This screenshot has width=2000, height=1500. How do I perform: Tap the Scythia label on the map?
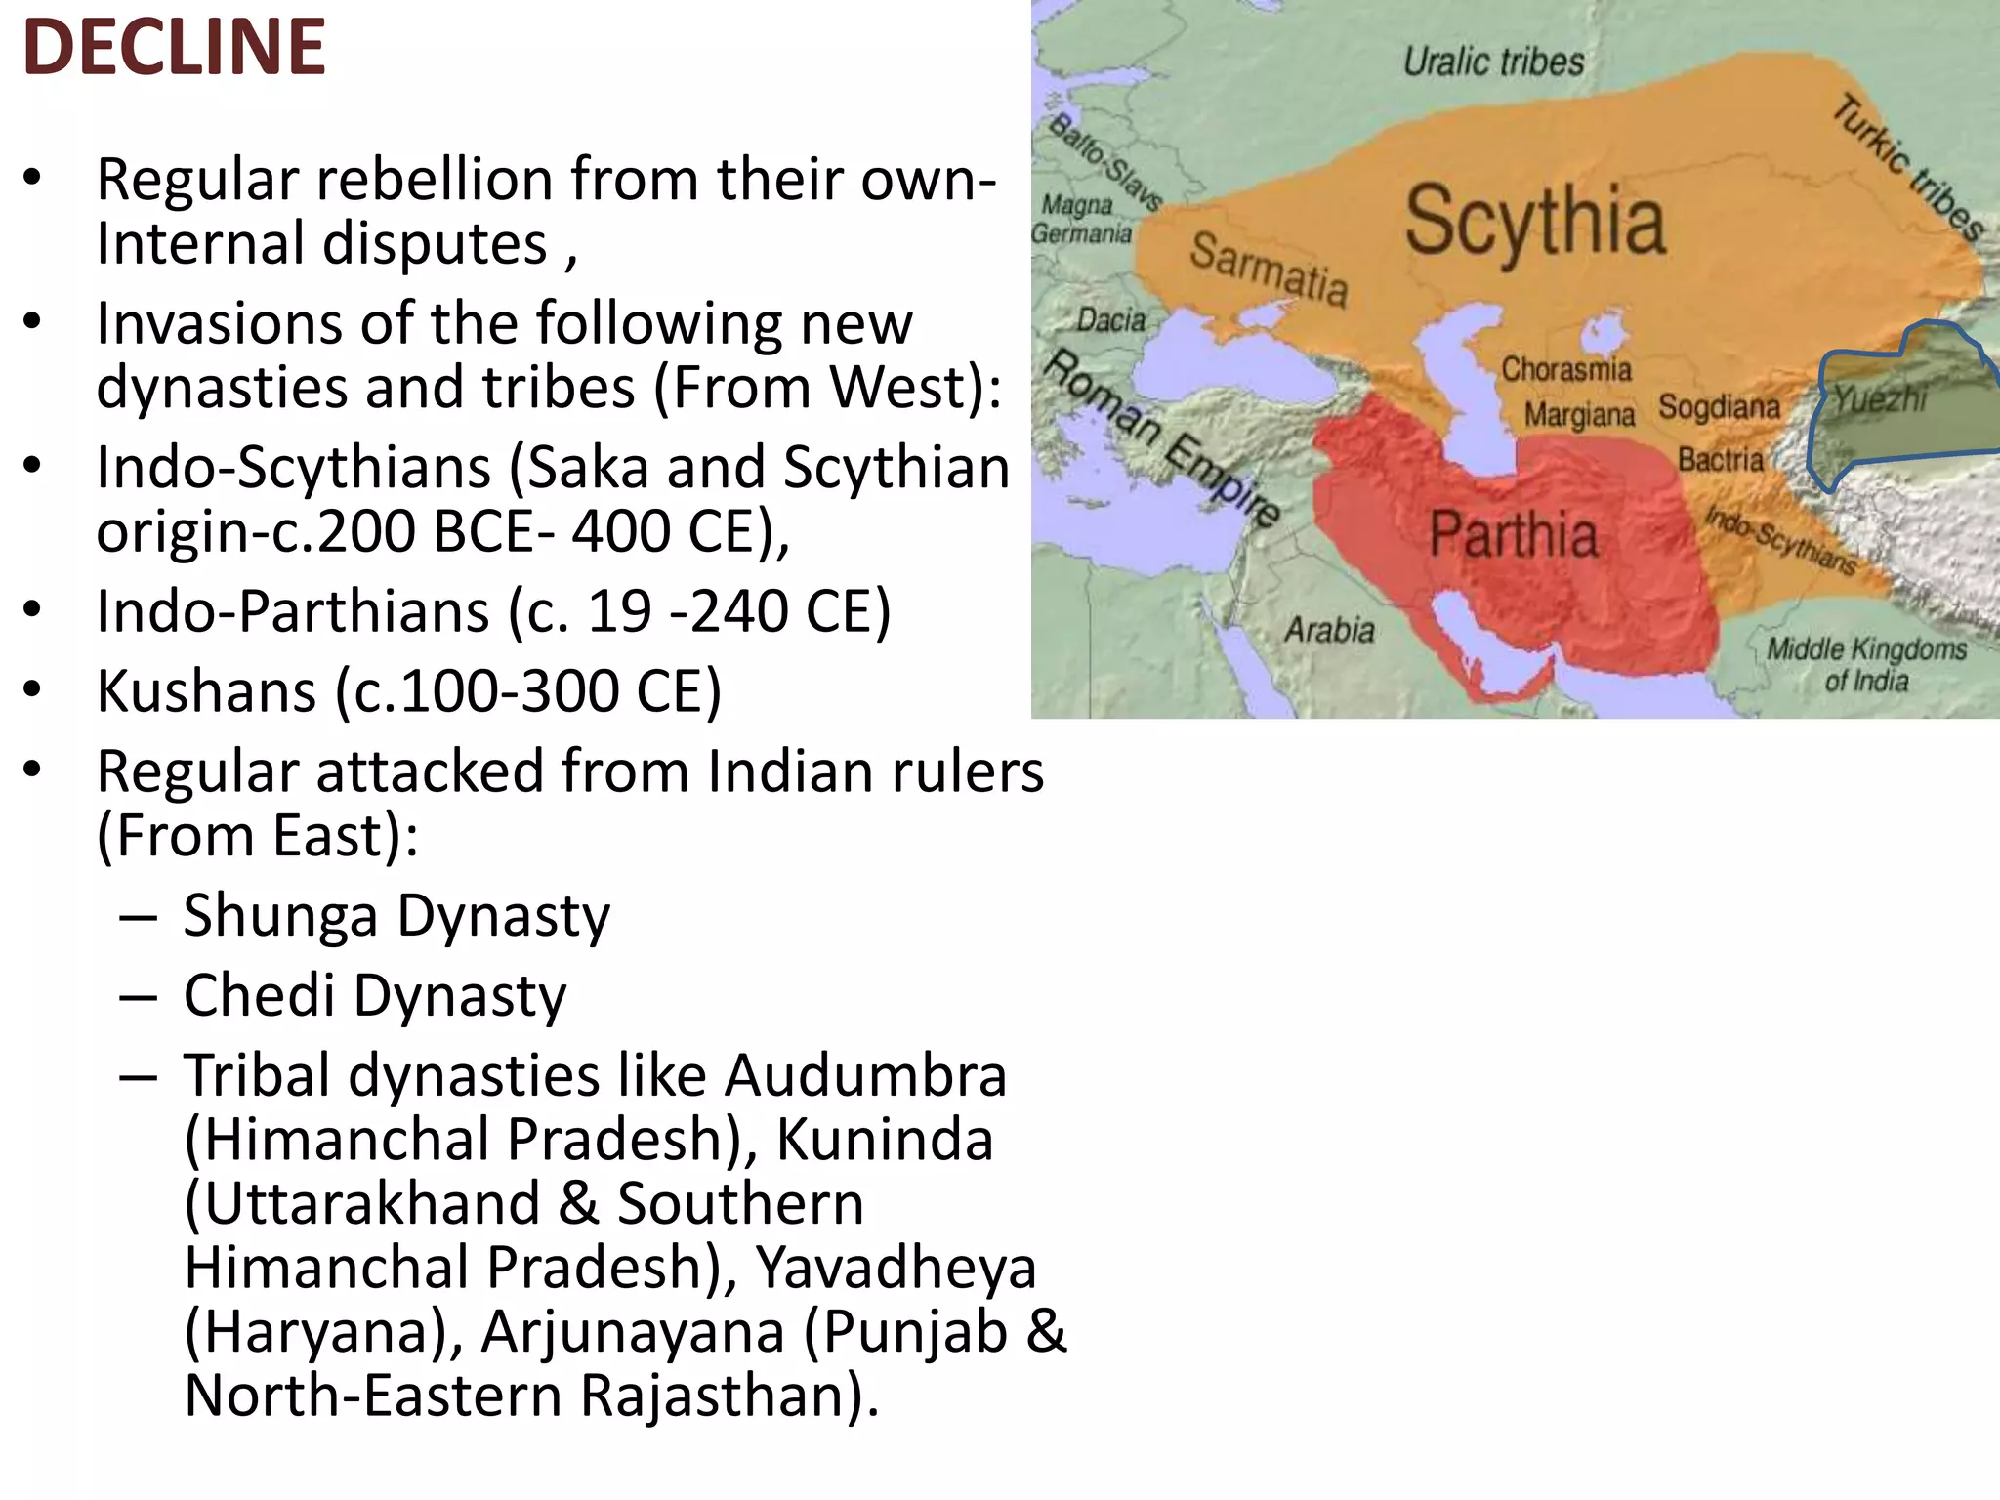[x=1534, y=223]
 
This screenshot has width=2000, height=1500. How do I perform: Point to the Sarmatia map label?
[x=1269, y=268]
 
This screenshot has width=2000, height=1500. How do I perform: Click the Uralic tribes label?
[x=1493, y=62]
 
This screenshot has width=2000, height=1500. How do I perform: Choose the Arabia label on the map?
[x=1329, y=630]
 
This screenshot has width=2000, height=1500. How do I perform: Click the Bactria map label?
[x=1721, y=459]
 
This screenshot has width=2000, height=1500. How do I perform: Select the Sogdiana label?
[x=1719, y=406]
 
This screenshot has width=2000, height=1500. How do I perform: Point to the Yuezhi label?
[x=1880, y=398]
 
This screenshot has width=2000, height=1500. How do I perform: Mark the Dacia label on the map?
[x=1110, y=319]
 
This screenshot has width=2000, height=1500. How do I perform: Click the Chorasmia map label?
[x=1566, y=369]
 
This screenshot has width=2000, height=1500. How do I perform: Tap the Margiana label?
[x=1579, y=415]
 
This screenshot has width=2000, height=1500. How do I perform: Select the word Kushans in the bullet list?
[x=206, y=691]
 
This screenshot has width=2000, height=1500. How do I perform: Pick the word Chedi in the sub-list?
[x=260, y=995]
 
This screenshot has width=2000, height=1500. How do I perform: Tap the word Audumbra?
[x=865, y=1075]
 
